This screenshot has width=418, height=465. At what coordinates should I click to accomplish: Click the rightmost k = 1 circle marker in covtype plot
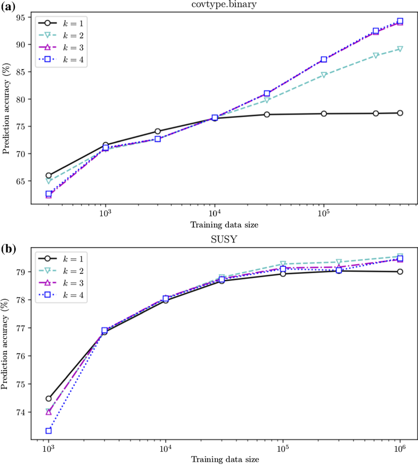(400, 113)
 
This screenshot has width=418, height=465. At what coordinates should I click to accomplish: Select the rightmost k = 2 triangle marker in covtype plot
(400, 49)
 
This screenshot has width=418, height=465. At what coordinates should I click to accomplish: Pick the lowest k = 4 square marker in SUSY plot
(48, 431)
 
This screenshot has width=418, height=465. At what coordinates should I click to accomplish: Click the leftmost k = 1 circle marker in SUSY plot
(48, 398)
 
